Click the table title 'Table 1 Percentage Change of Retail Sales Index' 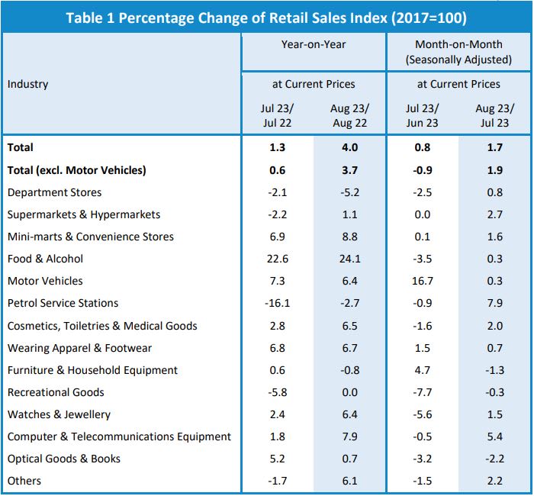coord(266,17)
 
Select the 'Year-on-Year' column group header coord(314,45)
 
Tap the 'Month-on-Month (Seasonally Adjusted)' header coord(459,52)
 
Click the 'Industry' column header coord(27,84)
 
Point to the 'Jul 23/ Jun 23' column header coord(422,115)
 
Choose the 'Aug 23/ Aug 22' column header coord(350,115)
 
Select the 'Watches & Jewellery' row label coord(59,414)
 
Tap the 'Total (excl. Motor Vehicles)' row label coord(76,170)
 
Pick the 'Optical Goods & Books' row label coord(64,459)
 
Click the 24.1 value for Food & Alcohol coord(350,259)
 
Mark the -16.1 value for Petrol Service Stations coord(278,304)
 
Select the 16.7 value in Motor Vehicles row coord(422,282)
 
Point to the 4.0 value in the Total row coord(350,147)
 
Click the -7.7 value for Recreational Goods coord(422,392)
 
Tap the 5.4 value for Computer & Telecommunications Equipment coord(494,436)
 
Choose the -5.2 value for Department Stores coord(350,192)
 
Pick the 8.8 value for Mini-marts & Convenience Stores coord(350,237)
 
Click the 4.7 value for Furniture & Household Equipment coord(422,370)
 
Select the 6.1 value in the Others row coord(350,481)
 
